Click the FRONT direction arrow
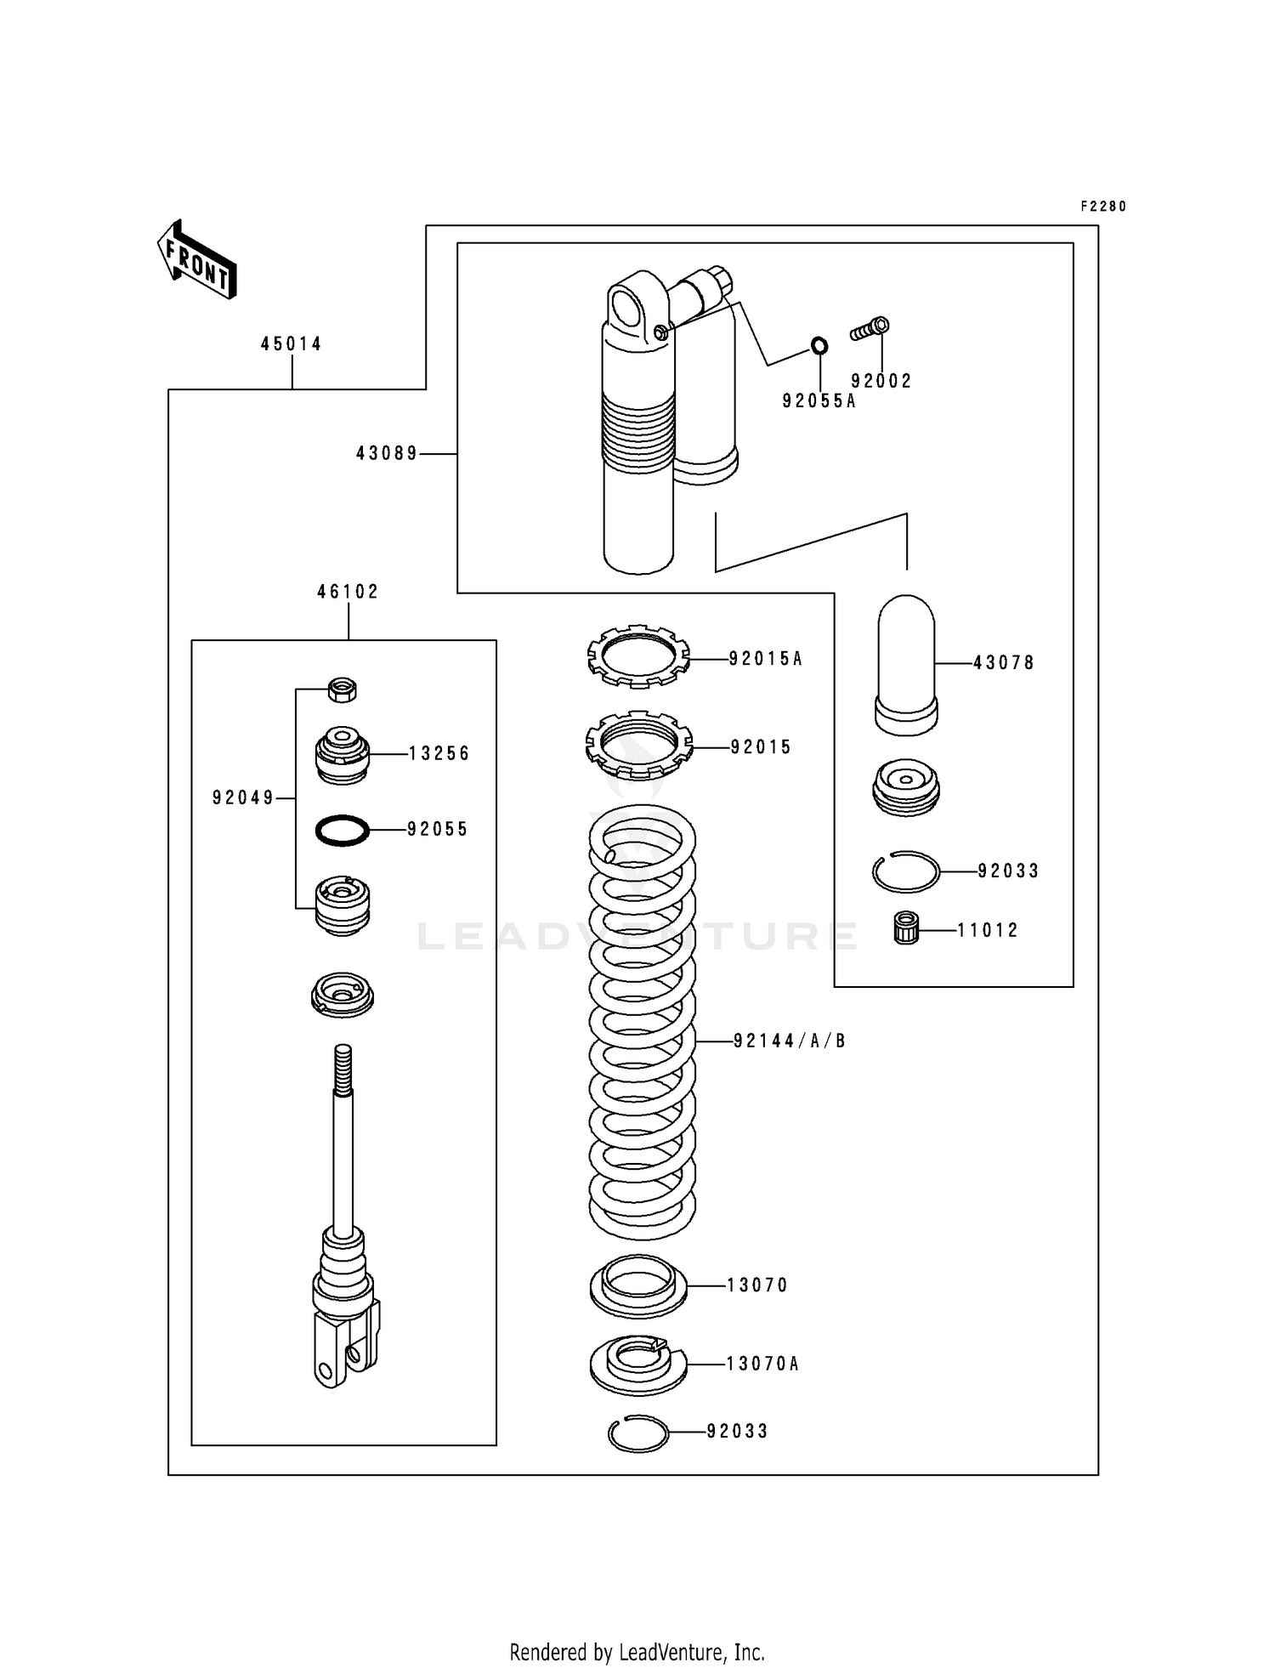196,258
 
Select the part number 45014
291,344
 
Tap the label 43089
387,454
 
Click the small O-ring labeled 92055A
819,346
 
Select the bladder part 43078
906,664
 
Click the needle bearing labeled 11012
907,928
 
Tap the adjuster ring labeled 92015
638,746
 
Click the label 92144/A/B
790,1041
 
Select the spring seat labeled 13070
637,1285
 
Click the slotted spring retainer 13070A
637,1363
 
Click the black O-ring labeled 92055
342,830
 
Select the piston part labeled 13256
342,754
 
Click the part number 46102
348,592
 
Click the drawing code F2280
1103,207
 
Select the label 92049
243,797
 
